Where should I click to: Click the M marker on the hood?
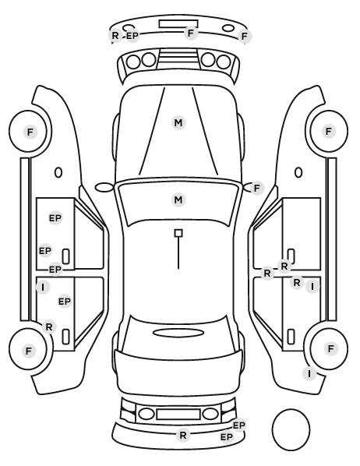(178, 123)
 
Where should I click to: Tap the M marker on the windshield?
(178, 199)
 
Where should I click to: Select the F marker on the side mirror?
(257, 188)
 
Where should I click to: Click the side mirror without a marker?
(104, 187)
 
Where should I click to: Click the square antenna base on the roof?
(178, 233)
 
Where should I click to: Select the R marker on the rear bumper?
(183, 436)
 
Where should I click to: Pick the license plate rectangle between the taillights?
(178, 415)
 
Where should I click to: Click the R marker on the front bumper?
(115, 35)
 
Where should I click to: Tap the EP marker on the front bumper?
(132, 36)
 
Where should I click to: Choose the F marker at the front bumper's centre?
(191, 33)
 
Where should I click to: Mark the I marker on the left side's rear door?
(43, 288)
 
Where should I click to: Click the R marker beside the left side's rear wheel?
(49, 327)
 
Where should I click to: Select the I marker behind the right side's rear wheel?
(309, 373)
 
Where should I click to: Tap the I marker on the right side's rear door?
(312, 287)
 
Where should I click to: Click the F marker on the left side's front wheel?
(30, 132)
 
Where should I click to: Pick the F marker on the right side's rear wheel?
(330, 348)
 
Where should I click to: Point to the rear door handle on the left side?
(66, 337)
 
